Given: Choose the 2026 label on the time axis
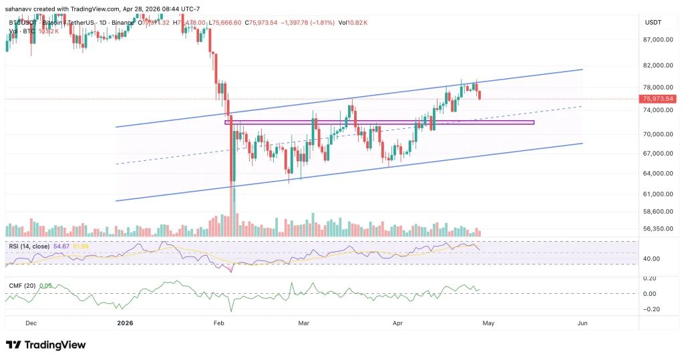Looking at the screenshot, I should tap(125, 323).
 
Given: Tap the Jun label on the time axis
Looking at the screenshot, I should tap(582, 323).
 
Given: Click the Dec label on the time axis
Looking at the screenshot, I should tap(31, 323).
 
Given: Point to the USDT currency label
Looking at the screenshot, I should tap(653, 23).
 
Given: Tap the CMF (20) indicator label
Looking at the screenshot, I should tap(21, 286).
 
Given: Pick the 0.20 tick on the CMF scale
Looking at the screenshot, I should tap(651, 278).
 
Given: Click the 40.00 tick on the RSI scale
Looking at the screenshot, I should tap(651, 258).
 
